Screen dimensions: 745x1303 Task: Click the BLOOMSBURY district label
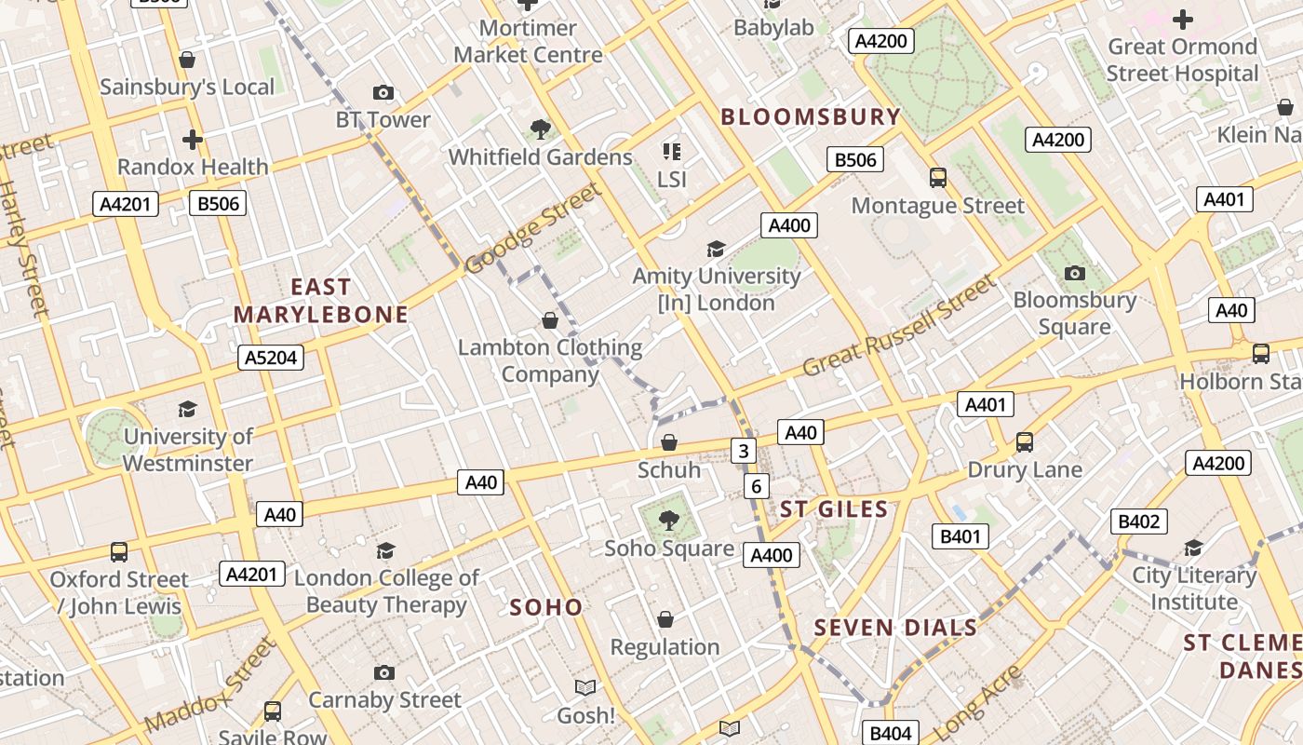[811, 117]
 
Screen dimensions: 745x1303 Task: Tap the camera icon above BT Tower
[383, 92]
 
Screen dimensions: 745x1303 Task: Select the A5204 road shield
[271, 358]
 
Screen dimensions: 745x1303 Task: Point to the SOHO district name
[546, 607]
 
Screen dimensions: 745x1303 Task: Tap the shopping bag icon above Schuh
[668, 442]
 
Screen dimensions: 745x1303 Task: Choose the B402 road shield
[1138, 521]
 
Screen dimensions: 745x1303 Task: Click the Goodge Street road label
[533, 229]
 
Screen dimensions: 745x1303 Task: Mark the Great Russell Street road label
[898, 325]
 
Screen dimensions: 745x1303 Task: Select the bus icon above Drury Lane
[1025, 442]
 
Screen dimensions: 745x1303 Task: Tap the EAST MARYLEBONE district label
[321, 301]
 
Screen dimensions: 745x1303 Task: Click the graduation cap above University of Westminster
[188, 409]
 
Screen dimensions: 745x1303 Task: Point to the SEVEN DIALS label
[895, 628]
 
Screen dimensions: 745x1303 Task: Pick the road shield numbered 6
[756, 486]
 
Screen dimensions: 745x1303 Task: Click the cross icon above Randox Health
[193, 140]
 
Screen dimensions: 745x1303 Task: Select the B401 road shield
[960, 536]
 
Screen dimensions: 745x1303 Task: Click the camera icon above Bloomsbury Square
[1075, 273]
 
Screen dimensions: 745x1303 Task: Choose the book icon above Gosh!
[585, 688]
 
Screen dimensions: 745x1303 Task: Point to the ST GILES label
[834, 509]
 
